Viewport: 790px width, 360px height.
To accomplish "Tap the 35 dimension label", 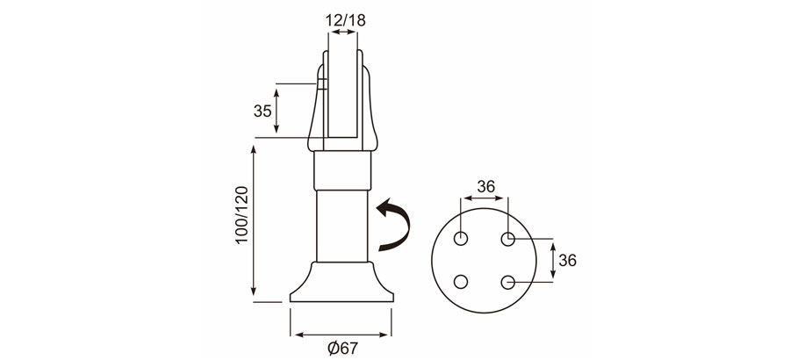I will (x=262, y=111).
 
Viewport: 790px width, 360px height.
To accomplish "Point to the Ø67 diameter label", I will (x=342, y=348).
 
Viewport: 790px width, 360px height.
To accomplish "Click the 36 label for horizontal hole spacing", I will (x=485, y=186).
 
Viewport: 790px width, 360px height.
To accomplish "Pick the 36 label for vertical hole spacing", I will (x=567, y=260).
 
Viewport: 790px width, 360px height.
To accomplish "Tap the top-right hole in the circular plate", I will (x=507, y=239).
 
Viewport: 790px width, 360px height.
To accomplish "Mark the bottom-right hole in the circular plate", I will (x=507, y=282).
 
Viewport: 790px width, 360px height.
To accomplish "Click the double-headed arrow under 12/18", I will (x=343, y=32).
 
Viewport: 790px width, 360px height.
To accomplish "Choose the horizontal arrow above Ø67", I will (x=342, y=334).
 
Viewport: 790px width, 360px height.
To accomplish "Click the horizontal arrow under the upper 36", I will (x=485, y=200).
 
